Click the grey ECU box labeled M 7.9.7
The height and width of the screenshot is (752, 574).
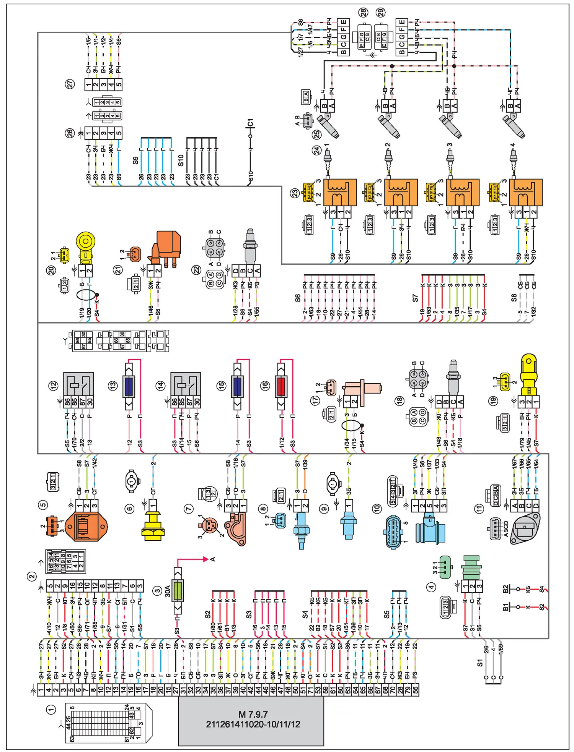251,720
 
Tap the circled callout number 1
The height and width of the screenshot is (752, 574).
51,710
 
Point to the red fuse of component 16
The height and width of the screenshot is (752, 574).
281,386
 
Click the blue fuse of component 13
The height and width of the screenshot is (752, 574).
129,386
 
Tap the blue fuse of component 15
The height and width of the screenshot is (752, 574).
238,386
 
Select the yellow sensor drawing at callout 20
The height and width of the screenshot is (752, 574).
85,245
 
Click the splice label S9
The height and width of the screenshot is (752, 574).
135,161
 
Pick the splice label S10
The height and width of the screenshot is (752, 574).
181,160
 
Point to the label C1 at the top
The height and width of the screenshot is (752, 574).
250,123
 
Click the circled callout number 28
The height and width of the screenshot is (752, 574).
363,13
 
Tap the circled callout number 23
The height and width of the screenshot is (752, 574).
295,193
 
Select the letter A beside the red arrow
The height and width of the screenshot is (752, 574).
213,559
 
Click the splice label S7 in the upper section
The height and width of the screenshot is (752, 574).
415,298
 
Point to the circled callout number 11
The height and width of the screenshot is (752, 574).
479,509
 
